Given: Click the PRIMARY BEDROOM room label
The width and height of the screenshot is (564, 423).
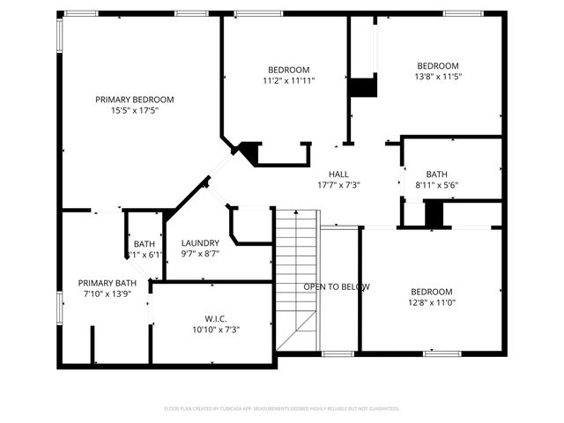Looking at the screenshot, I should (x=135, y=100).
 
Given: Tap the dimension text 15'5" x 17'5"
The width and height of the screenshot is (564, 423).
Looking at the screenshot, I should (x=135, y=111).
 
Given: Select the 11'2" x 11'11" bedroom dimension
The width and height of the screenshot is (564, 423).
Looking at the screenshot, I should (x=288, y=80).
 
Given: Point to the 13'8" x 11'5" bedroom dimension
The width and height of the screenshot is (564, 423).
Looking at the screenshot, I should (x=437, y=77).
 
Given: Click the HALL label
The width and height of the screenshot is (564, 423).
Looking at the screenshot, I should (x=338, y=174).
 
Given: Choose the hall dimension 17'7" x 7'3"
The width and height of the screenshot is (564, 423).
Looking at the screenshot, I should (x=338, y=184).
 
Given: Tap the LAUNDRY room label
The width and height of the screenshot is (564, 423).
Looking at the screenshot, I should (x=200, y=243).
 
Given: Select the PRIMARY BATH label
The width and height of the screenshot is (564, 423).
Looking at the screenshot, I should (x=107, y=282).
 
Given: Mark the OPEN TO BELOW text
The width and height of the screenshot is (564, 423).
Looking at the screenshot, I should (x=337, y=287).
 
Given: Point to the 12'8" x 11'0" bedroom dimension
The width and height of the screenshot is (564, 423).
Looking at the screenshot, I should (x=430, y=302).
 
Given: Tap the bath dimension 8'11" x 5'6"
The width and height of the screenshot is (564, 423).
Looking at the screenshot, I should (x=436, y=184).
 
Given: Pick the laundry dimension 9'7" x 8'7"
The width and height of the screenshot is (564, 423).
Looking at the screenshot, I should (x=200, y=254).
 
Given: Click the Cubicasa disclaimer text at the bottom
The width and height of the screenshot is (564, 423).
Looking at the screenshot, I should (x=282, y=409).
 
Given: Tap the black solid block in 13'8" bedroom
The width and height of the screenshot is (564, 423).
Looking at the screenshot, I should (x=362, y=87).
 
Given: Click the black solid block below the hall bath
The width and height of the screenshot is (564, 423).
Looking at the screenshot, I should (x=434, y=214).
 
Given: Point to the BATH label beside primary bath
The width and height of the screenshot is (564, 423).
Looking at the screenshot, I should (x=145, y=244).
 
